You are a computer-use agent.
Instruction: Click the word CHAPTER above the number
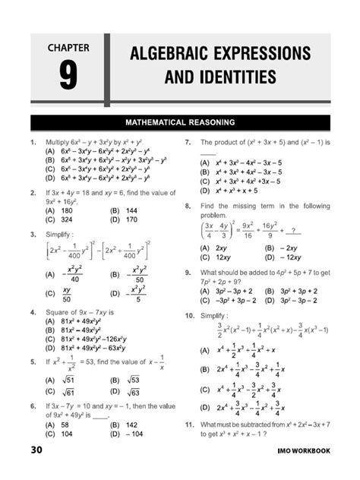tap(69, 49)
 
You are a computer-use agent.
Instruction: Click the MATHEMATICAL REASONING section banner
tap(179, 122)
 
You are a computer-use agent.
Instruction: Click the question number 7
tap(187, 142)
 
